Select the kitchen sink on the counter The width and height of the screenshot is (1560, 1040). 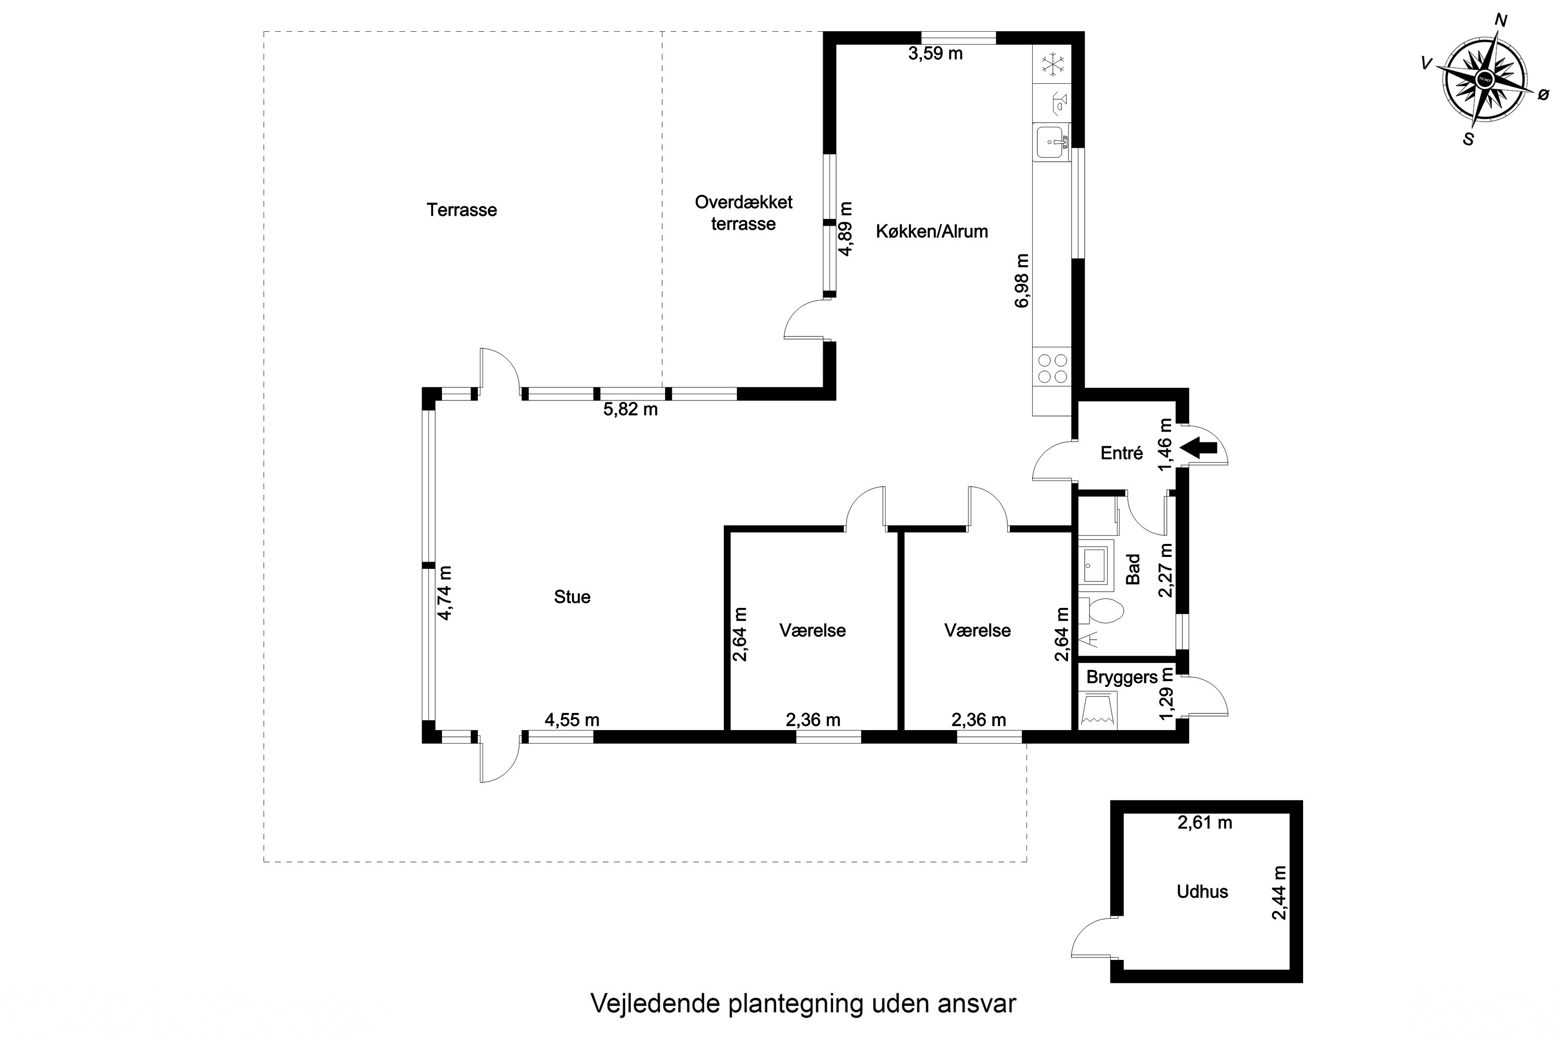1052,142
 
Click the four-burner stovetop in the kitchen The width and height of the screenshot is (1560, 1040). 1052,369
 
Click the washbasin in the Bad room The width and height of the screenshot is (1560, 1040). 1095,565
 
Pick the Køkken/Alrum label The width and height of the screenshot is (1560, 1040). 932,231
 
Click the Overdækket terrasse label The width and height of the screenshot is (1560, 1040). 744,213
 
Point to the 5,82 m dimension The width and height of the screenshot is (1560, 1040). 630,409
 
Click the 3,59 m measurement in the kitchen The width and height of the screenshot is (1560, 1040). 935,54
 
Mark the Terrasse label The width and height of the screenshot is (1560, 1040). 462,210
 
